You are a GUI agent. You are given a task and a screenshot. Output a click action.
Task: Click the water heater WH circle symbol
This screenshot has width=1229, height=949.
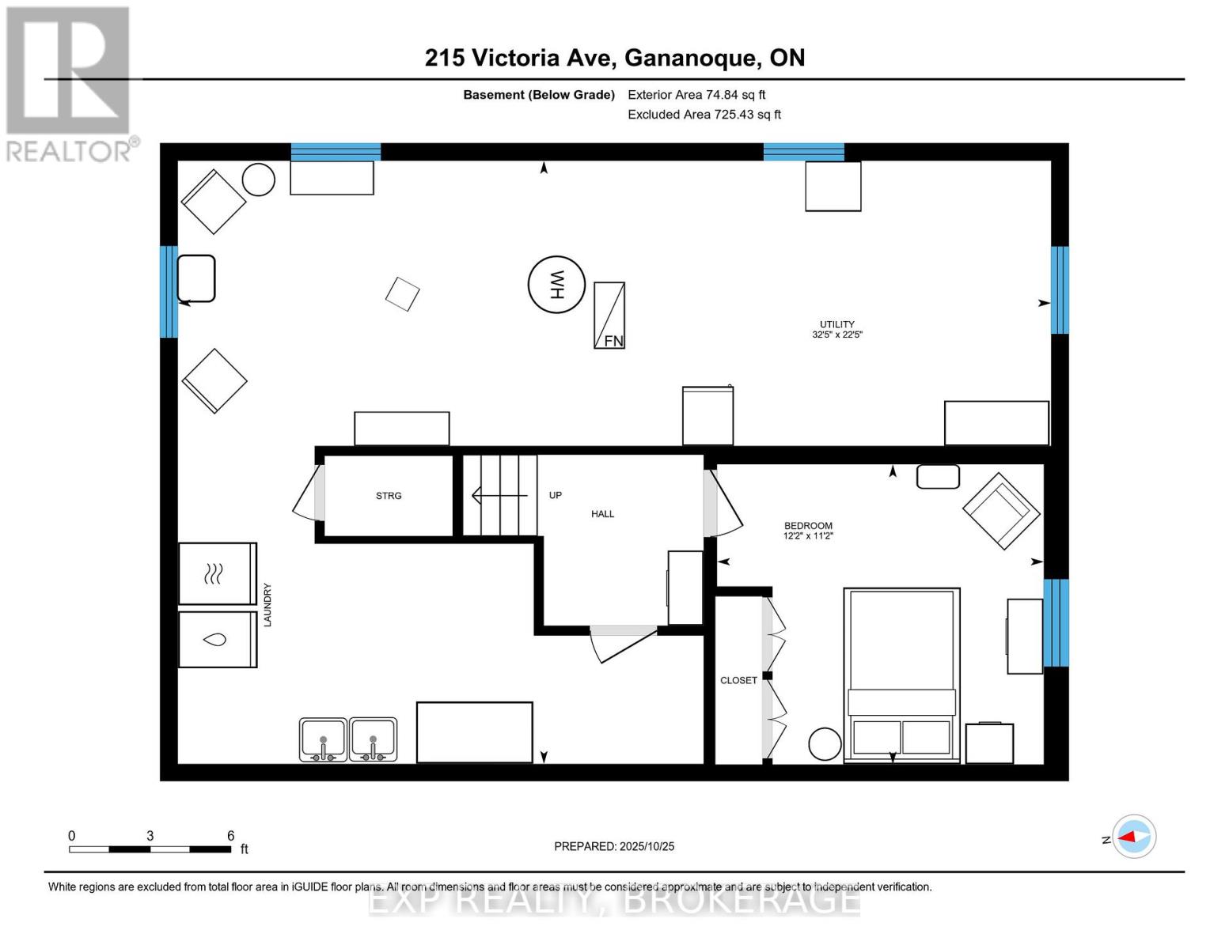pos(556,285)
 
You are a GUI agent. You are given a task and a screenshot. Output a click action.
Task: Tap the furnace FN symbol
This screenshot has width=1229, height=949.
pos(609,316)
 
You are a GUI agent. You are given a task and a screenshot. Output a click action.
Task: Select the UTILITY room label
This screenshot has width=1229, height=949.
pos(836,324)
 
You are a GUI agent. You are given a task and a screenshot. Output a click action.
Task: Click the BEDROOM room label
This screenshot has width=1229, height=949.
pos(808,526)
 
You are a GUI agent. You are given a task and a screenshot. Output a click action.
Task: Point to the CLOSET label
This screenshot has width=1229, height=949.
pos(738,680)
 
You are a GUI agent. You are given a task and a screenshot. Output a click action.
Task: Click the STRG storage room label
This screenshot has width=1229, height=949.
pos(389,496)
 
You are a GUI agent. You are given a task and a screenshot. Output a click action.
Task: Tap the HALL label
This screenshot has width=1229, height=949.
pos(602,514)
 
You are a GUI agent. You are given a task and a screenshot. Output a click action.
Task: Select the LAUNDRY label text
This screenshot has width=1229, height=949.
pos(267,605)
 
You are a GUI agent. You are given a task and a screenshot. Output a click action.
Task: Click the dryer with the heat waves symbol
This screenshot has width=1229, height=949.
pos(217,573)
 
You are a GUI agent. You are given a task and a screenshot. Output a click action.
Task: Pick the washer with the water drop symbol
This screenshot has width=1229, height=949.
pos(217,639)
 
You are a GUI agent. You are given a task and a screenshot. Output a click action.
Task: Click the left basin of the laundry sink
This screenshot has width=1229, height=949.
pos(323,739)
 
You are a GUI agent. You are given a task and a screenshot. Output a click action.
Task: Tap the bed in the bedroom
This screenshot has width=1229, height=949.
pos(901,674)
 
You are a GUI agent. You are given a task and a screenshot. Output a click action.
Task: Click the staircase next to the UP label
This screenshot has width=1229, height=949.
pos(499,495)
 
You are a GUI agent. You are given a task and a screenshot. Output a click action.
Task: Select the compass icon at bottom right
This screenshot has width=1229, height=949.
pos(1134,836)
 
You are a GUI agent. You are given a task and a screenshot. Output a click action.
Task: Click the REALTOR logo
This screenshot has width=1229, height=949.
pos(69,83)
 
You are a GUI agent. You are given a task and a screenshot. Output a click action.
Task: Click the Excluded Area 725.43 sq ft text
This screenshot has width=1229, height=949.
pos(704,115)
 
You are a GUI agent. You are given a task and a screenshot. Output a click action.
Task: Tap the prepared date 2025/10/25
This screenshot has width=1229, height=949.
pos(614,846)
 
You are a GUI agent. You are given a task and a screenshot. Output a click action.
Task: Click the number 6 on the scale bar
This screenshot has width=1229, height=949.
pos(230,835)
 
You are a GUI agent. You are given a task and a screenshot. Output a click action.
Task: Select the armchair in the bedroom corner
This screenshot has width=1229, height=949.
pos(1000,510)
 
